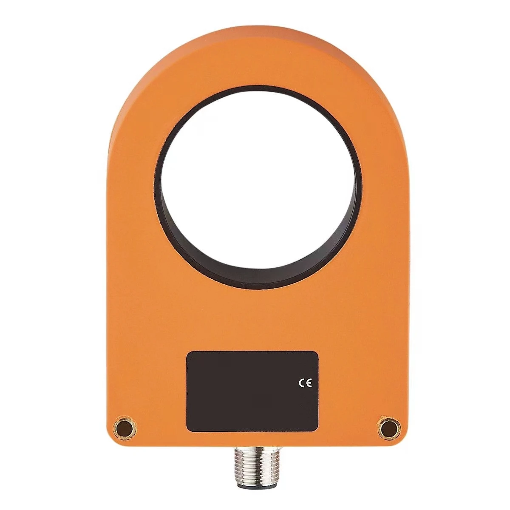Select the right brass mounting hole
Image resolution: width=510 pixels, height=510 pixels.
coord(386,426)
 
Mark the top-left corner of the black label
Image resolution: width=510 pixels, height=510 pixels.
coord(188,352)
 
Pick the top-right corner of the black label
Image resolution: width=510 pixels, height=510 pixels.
coord(317,352)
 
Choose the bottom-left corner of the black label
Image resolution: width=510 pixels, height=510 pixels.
coord(188,430)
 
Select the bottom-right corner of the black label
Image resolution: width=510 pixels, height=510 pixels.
coord(317,430)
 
